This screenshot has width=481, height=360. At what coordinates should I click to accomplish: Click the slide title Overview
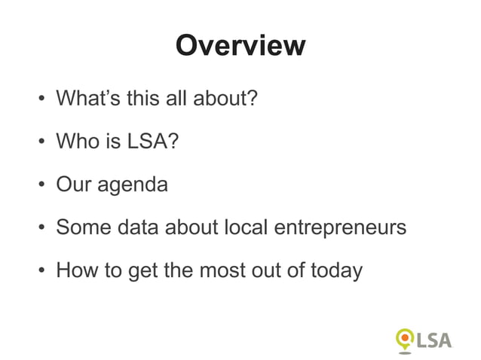(x=240, y=46)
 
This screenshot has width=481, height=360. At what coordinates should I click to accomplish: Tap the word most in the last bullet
(x=223, y=269)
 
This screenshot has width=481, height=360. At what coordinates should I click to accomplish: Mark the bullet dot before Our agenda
(x=40, y=185)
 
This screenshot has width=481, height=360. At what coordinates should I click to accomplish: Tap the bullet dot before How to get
(x=40, y=270)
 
